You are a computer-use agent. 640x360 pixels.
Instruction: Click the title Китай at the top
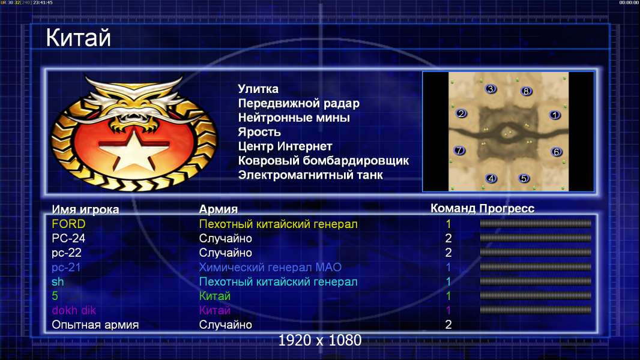[78, 38]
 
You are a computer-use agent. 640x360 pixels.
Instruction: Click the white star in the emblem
[133, 149]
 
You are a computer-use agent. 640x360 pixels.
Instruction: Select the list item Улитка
[258, 89]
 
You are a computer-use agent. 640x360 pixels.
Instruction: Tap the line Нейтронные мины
[294, 118]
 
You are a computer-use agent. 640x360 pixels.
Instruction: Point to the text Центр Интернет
[285, 146]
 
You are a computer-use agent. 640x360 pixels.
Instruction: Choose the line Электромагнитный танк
[310, 175]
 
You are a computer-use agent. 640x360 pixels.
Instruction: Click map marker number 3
[491, 89]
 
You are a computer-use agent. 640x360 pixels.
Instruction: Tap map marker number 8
[526, 91]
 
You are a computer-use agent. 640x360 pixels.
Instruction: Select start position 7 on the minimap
[460, 151]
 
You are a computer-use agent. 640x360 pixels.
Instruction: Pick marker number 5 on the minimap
[524, 178]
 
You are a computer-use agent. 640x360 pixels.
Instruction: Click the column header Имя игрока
[85, 209]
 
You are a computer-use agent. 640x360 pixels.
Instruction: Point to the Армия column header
[219, 209]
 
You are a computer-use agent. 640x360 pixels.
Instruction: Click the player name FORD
[68, 224]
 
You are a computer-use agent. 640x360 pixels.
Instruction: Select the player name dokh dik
[74, 310]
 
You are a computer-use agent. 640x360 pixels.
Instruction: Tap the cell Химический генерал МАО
[270, 267]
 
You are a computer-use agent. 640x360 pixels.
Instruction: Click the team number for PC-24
[448, 238]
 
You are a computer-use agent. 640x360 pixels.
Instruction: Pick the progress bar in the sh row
[535, 281]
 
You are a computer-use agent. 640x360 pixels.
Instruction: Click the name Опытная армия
[95, 325]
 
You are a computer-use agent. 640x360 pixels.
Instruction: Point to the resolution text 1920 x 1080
[320, 340]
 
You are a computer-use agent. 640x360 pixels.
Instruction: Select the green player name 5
[55, 296]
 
